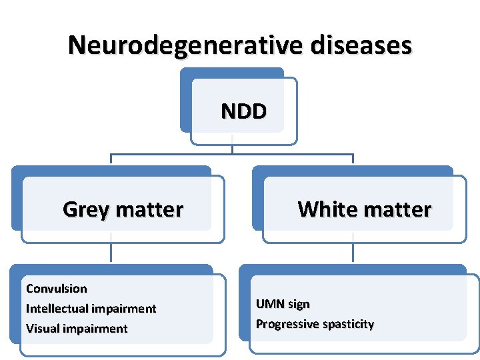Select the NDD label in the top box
243,111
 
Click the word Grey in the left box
85,209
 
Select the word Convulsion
56,289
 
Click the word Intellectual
57,309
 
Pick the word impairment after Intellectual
123,309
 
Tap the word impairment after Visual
94,329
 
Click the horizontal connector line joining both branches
173,155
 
